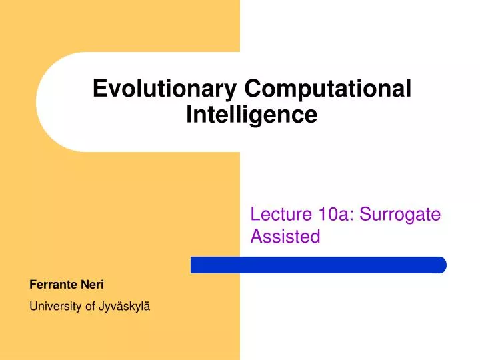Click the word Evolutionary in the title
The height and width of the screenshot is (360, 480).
tap(166, 89)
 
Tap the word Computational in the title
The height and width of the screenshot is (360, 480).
tap(328, 89)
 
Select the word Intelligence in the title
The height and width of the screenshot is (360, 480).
tap(251, 115)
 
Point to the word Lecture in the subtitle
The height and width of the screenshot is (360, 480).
tap(277, 215)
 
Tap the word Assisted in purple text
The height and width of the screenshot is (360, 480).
tap(285, 236)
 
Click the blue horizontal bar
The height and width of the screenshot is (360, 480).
tap(318, 265)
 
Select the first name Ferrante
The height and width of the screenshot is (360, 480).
tap(54, 285)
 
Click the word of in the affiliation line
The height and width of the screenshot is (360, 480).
tap(87, 307)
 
